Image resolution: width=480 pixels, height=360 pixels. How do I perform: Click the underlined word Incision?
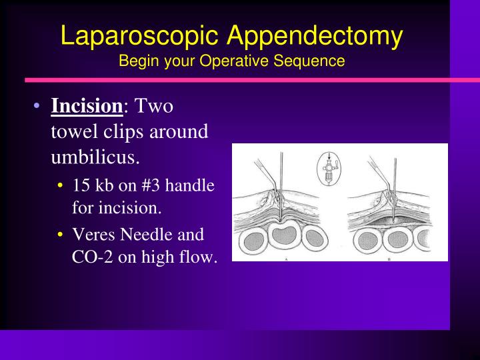(x=87, y=106)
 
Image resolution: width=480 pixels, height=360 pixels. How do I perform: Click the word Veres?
(x=91, y=235)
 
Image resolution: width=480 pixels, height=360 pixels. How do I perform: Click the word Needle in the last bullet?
(x=147, y=235)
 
